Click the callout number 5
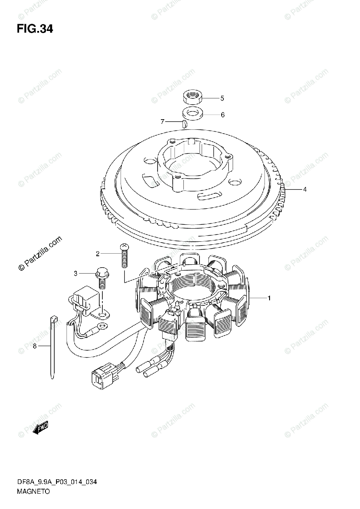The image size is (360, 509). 222,98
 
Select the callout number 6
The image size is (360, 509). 222,115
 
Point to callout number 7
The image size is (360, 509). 162,122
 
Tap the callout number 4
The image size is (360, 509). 304,190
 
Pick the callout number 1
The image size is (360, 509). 269,299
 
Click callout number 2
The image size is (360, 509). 97,254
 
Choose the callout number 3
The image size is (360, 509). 76,274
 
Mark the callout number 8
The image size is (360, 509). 35,346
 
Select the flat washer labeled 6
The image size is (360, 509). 192,114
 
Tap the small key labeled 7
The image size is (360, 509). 184,124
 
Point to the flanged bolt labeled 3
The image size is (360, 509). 101,278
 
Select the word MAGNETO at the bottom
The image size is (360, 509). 34,492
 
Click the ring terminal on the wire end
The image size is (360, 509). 101,327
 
